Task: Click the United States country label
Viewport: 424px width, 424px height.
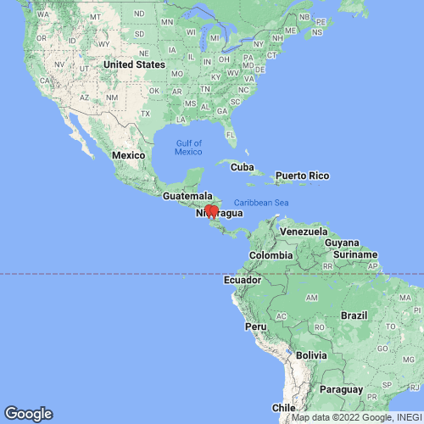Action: point(134,64)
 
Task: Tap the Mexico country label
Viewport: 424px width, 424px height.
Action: point(130,155)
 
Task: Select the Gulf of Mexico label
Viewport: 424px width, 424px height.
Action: point(188,147)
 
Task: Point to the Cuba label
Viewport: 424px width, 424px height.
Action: point(243,165)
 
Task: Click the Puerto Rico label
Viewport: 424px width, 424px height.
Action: point(301,176)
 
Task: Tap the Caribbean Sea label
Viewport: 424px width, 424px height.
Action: point(261,202)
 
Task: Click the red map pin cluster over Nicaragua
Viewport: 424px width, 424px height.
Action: point(211,212)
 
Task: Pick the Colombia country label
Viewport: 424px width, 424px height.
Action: point(271,255)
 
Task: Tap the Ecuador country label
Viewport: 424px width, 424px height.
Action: point(241,280)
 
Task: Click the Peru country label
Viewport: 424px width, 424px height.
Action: point(256,326)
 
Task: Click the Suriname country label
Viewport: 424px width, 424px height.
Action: point(354,254)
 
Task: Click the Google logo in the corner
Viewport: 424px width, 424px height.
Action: point(28,414)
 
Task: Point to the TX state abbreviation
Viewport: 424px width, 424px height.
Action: point(146,114)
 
